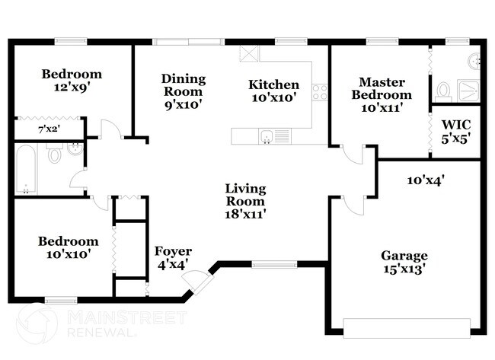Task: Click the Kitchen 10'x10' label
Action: point(273,91)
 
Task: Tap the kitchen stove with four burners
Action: point(320,92)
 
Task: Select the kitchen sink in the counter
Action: point(267,136)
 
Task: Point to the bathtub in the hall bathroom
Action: point(26,170)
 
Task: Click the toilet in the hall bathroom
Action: point(55,153)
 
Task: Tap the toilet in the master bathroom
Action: point(443,91)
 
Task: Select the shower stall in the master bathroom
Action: point(469,91)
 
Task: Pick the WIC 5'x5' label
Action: point(456,132)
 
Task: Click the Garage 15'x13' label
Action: point(404,262)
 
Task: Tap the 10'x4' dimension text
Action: point(426,180)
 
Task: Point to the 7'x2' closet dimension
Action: point(49,129)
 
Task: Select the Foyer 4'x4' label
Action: point(173,258)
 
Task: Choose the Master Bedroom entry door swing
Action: point(353,155)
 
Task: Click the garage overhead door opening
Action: point(407,328)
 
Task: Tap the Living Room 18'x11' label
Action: point(245,201)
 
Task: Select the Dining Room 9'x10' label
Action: point(183,91)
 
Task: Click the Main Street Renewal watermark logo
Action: point(101,322)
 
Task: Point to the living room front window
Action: point(274,264)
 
